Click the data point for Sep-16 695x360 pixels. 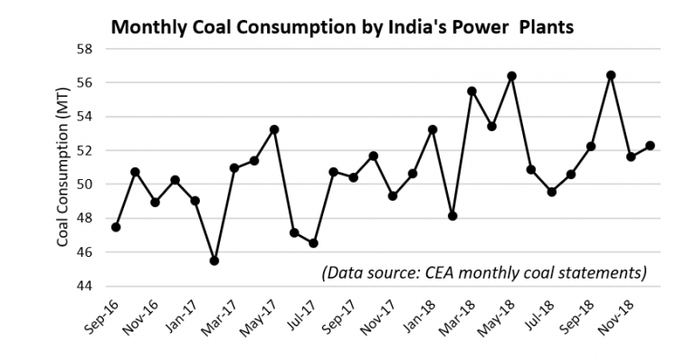[116, 227]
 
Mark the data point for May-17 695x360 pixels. [274, 129]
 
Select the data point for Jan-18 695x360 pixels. [433, 129]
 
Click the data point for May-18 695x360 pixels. [511, 76]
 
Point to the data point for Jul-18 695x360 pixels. [551, 192]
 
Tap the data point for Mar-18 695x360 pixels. [471, 91]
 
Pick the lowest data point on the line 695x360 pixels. [214, 261]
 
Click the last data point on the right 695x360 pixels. [650, 146]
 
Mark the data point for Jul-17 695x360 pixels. [313, 243]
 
